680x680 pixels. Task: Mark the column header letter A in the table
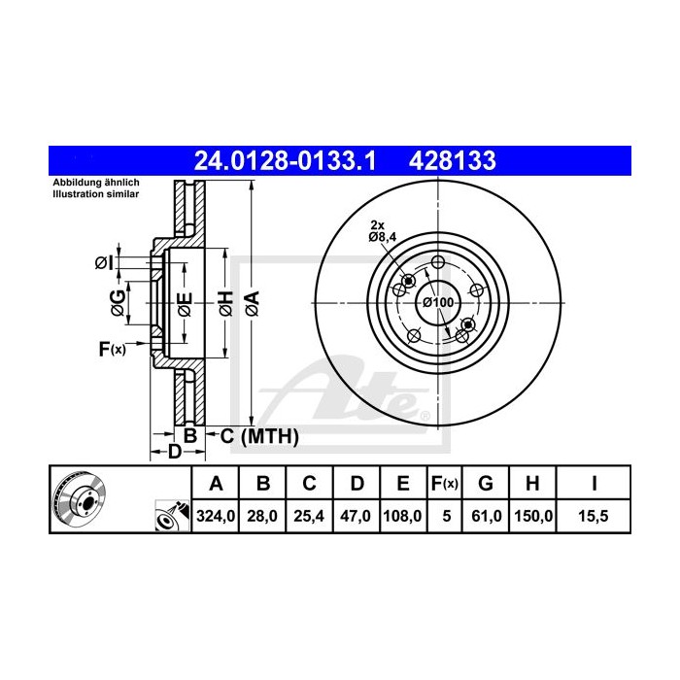(217, 483)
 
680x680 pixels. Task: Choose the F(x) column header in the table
(446, 483)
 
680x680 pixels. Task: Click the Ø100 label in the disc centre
(437, 303)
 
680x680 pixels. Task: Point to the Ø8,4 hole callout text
(383, 235)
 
